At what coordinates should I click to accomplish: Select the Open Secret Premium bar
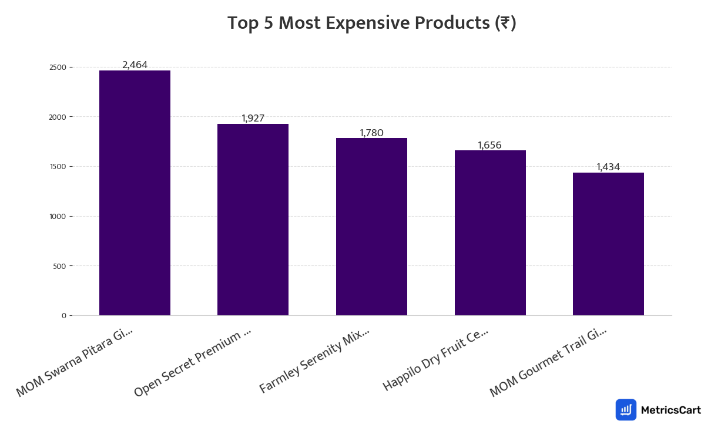coord(253,220)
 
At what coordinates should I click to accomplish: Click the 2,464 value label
coord(135,65)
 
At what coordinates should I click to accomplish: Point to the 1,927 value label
coord(253,119)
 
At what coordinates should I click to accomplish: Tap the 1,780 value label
coord(371,133)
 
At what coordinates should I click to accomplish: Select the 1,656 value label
coord(489,146)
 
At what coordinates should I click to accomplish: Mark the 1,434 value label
coord(608,167)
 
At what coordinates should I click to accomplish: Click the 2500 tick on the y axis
coord(58,68)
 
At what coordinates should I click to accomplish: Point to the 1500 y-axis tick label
coord(58,167)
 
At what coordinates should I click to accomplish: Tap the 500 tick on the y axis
coord(60,266)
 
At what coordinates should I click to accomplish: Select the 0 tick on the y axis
coord(63,316)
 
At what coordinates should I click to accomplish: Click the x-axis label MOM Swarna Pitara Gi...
coord(75,362)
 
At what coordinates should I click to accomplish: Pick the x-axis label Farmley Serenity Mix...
coord(314,360)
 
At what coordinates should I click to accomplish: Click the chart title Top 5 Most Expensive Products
coord(371,23)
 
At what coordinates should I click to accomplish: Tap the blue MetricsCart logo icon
coord(626,410)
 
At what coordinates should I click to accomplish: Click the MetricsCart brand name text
coord(670,410)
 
